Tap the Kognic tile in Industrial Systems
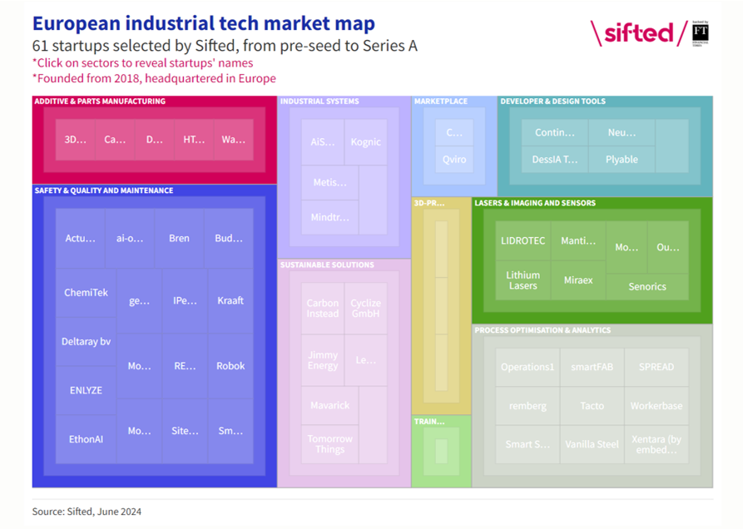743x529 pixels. [x=365, y=142]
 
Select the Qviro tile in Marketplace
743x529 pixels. [x=454, y=160]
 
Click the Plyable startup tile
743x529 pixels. [x=622, y=160]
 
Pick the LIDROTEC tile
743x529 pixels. [x=523, y=241]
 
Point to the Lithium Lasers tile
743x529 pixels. [x=523, y=280]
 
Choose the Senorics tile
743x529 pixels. [x=647, y=286]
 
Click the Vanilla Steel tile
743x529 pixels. [x=592, y=444]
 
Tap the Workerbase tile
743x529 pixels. [x=656, y=406]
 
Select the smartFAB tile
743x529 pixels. [x=592, y=367]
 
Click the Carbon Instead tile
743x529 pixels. [x=323, y=309]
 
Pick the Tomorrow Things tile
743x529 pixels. [x=329, y=443]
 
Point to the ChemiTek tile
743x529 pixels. [x=86, y=293]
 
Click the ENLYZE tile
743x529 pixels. [x=86, y=390]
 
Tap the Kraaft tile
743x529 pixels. [x=230, y=300]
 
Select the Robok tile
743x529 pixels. [x=230, y=366]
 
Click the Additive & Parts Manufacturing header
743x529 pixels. [x=100, y=101]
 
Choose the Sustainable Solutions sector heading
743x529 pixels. [x=327, y=265]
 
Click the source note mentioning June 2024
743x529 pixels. [x=87, y=512]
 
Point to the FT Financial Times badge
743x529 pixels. [x=701, y=32]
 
